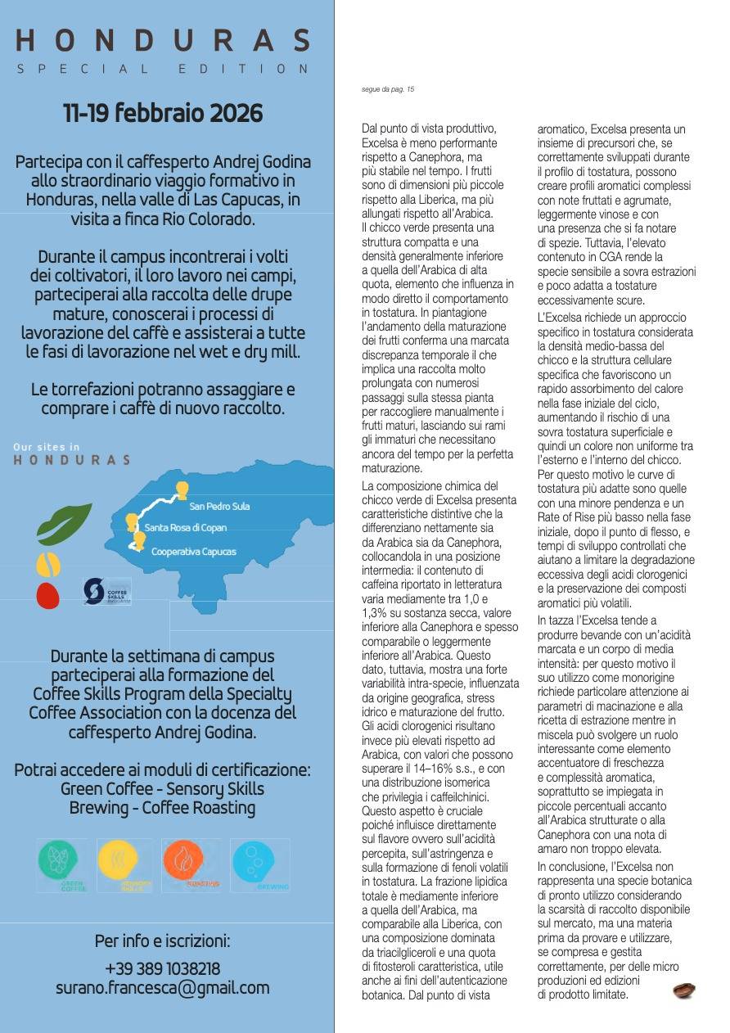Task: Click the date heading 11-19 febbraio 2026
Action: click(x=163, y=113)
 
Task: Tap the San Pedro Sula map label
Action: click(x=219, y=507)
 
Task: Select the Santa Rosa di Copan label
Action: click(x=191, y=529)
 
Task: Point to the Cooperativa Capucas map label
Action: click(x=193, y=552)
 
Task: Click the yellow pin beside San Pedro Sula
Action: click(x=182, y=490)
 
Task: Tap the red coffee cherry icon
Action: click(x=48, y=595)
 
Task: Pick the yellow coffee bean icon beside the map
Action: click(x=47, y=565)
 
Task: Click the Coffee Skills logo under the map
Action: click(x=106, y=591)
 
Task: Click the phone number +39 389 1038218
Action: click(x=163, y=969)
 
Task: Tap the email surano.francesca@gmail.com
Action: click(x=163, y=988)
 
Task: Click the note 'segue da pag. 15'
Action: click(x=388, y=89)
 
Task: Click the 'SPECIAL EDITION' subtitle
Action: click(x=163, y=70)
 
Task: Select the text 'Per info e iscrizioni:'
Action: click(x=163, y=941)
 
